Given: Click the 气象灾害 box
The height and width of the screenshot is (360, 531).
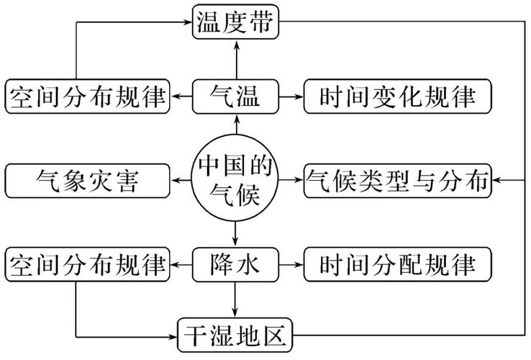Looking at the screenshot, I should tap(86, 179).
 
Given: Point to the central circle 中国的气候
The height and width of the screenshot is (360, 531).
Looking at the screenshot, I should tap(235, 179).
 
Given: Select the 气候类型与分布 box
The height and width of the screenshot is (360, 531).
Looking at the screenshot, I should tap(397, 179).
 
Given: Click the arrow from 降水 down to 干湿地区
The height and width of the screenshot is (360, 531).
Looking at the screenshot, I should tap(235, 300).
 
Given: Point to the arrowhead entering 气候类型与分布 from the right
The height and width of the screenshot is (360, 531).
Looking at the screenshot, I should tap(499, 179).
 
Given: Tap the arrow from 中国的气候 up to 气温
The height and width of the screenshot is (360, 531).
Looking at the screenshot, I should tap(235, 124).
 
